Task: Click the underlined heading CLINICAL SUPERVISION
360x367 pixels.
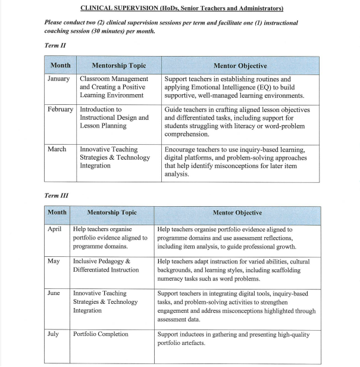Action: pos(180,8)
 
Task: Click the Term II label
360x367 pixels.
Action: pos(55,45)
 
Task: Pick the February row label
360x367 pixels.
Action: pos(61,110)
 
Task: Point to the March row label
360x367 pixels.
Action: pos(57,150)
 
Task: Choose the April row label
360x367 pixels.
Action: pos(54,229)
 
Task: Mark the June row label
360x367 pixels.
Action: pos(54,293)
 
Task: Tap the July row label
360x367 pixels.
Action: pos(54,334)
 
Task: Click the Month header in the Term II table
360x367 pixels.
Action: pos(60,66)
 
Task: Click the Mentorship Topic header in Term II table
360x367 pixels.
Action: pos(119,66)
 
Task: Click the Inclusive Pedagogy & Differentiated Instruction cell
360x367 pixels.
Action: pos(106,265)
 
